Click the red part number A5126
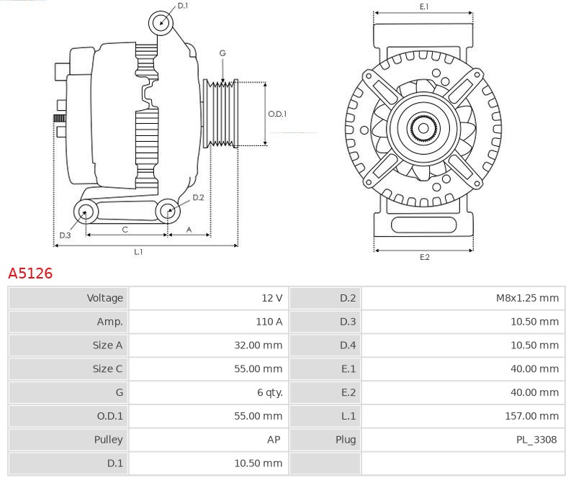click(30, 273)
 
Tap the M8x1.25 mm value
click(527, 298)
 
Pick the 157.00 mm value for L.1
click(531, 416)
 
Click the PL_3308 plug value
click(536, 440)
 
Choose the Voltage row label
click(104, 298)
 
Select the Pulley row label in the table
click(108, 440)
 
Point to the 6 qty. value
click(269, 393)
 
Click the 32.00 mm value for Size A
click(258, 345)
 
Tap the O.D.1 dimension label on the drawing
click(277, 114)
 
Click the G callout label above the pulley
click(222, 53)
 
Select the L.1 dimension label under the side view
click(138, 252)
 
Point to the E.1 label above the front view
click(424, 6)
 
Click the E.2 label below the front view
click(425, 257)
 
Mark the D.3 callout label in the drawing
click(65, 235)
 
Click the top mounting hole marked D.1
click(161, 23)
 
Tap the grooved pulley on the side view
click(221, 114)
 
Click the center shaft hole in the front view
click(423, 128)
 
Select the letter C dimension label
click(125, 230)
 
